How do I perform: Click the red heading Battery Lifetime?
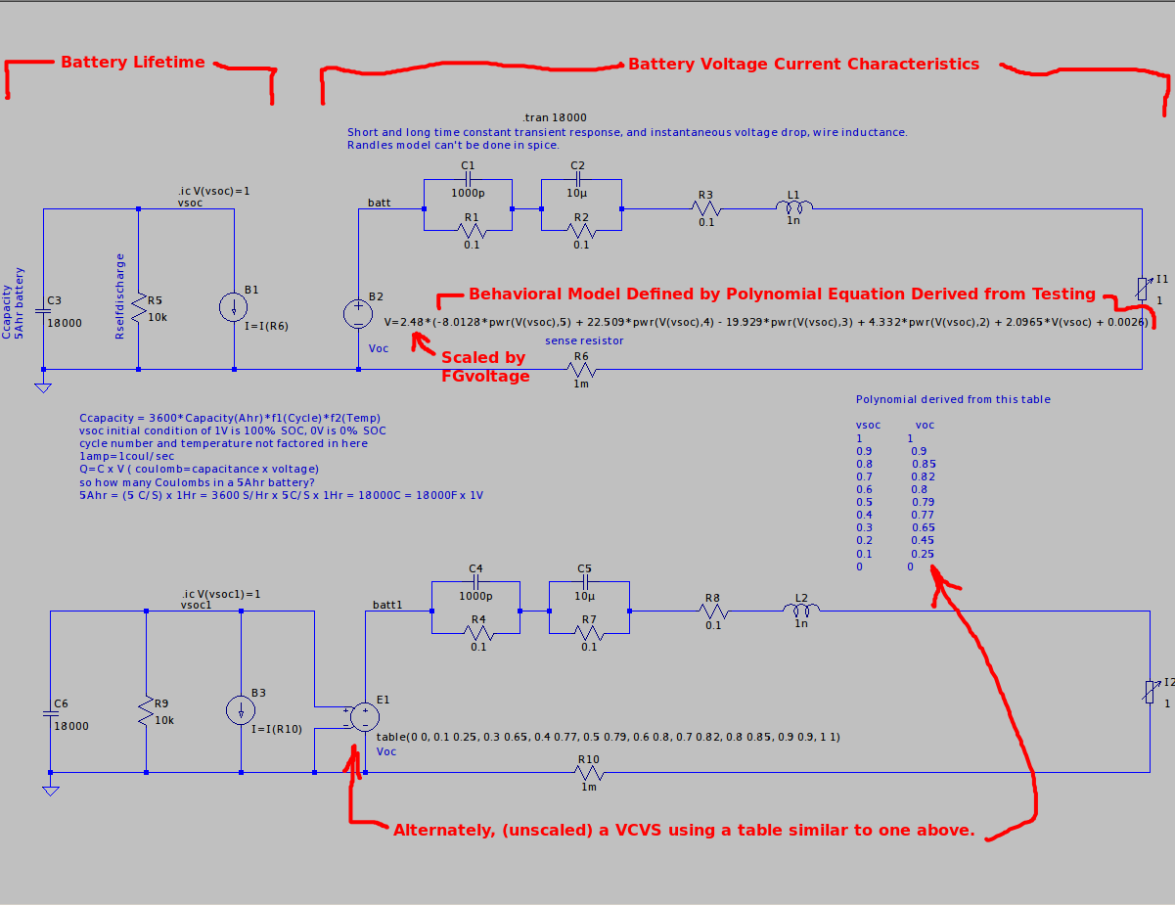(x=133, y=63)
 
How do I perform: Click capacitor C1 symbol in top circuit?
(x=468, y=180)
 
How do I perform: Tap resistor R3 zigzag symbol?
(x=705, y=208)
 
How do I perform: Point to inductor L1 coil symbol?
(x=794, y=207)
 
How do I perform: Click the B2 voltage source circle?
(x=358, y=313)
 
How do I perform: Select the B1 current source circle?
(x=235, y=306)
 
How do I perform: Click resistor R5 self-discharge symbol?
(x=139, y=307)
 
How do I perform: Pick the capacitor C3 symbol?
(x=43, y=310)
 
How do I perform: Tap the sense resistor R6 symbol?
(x=581, y=370)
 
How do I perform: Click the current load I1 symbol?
(x=1141, y=289)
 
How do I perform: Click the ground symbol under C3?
(x=43, y=386)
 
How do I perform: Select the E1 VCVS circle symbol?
(x=364, y=717)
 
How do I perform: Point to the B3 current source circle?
(x=241, y=710)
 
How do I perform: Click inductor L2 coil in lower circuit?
(x=801, y=612)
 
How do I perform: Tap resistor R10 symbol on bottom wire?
(x=588, y=772)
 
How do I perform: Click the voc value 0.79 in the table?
(x=923, y=502)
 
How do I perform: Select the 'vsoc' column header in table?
(x=868, y=425)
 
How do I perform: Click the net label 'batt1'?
(x=387, y=605)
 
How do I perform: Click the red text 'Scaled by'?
(x=483, y=357)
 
